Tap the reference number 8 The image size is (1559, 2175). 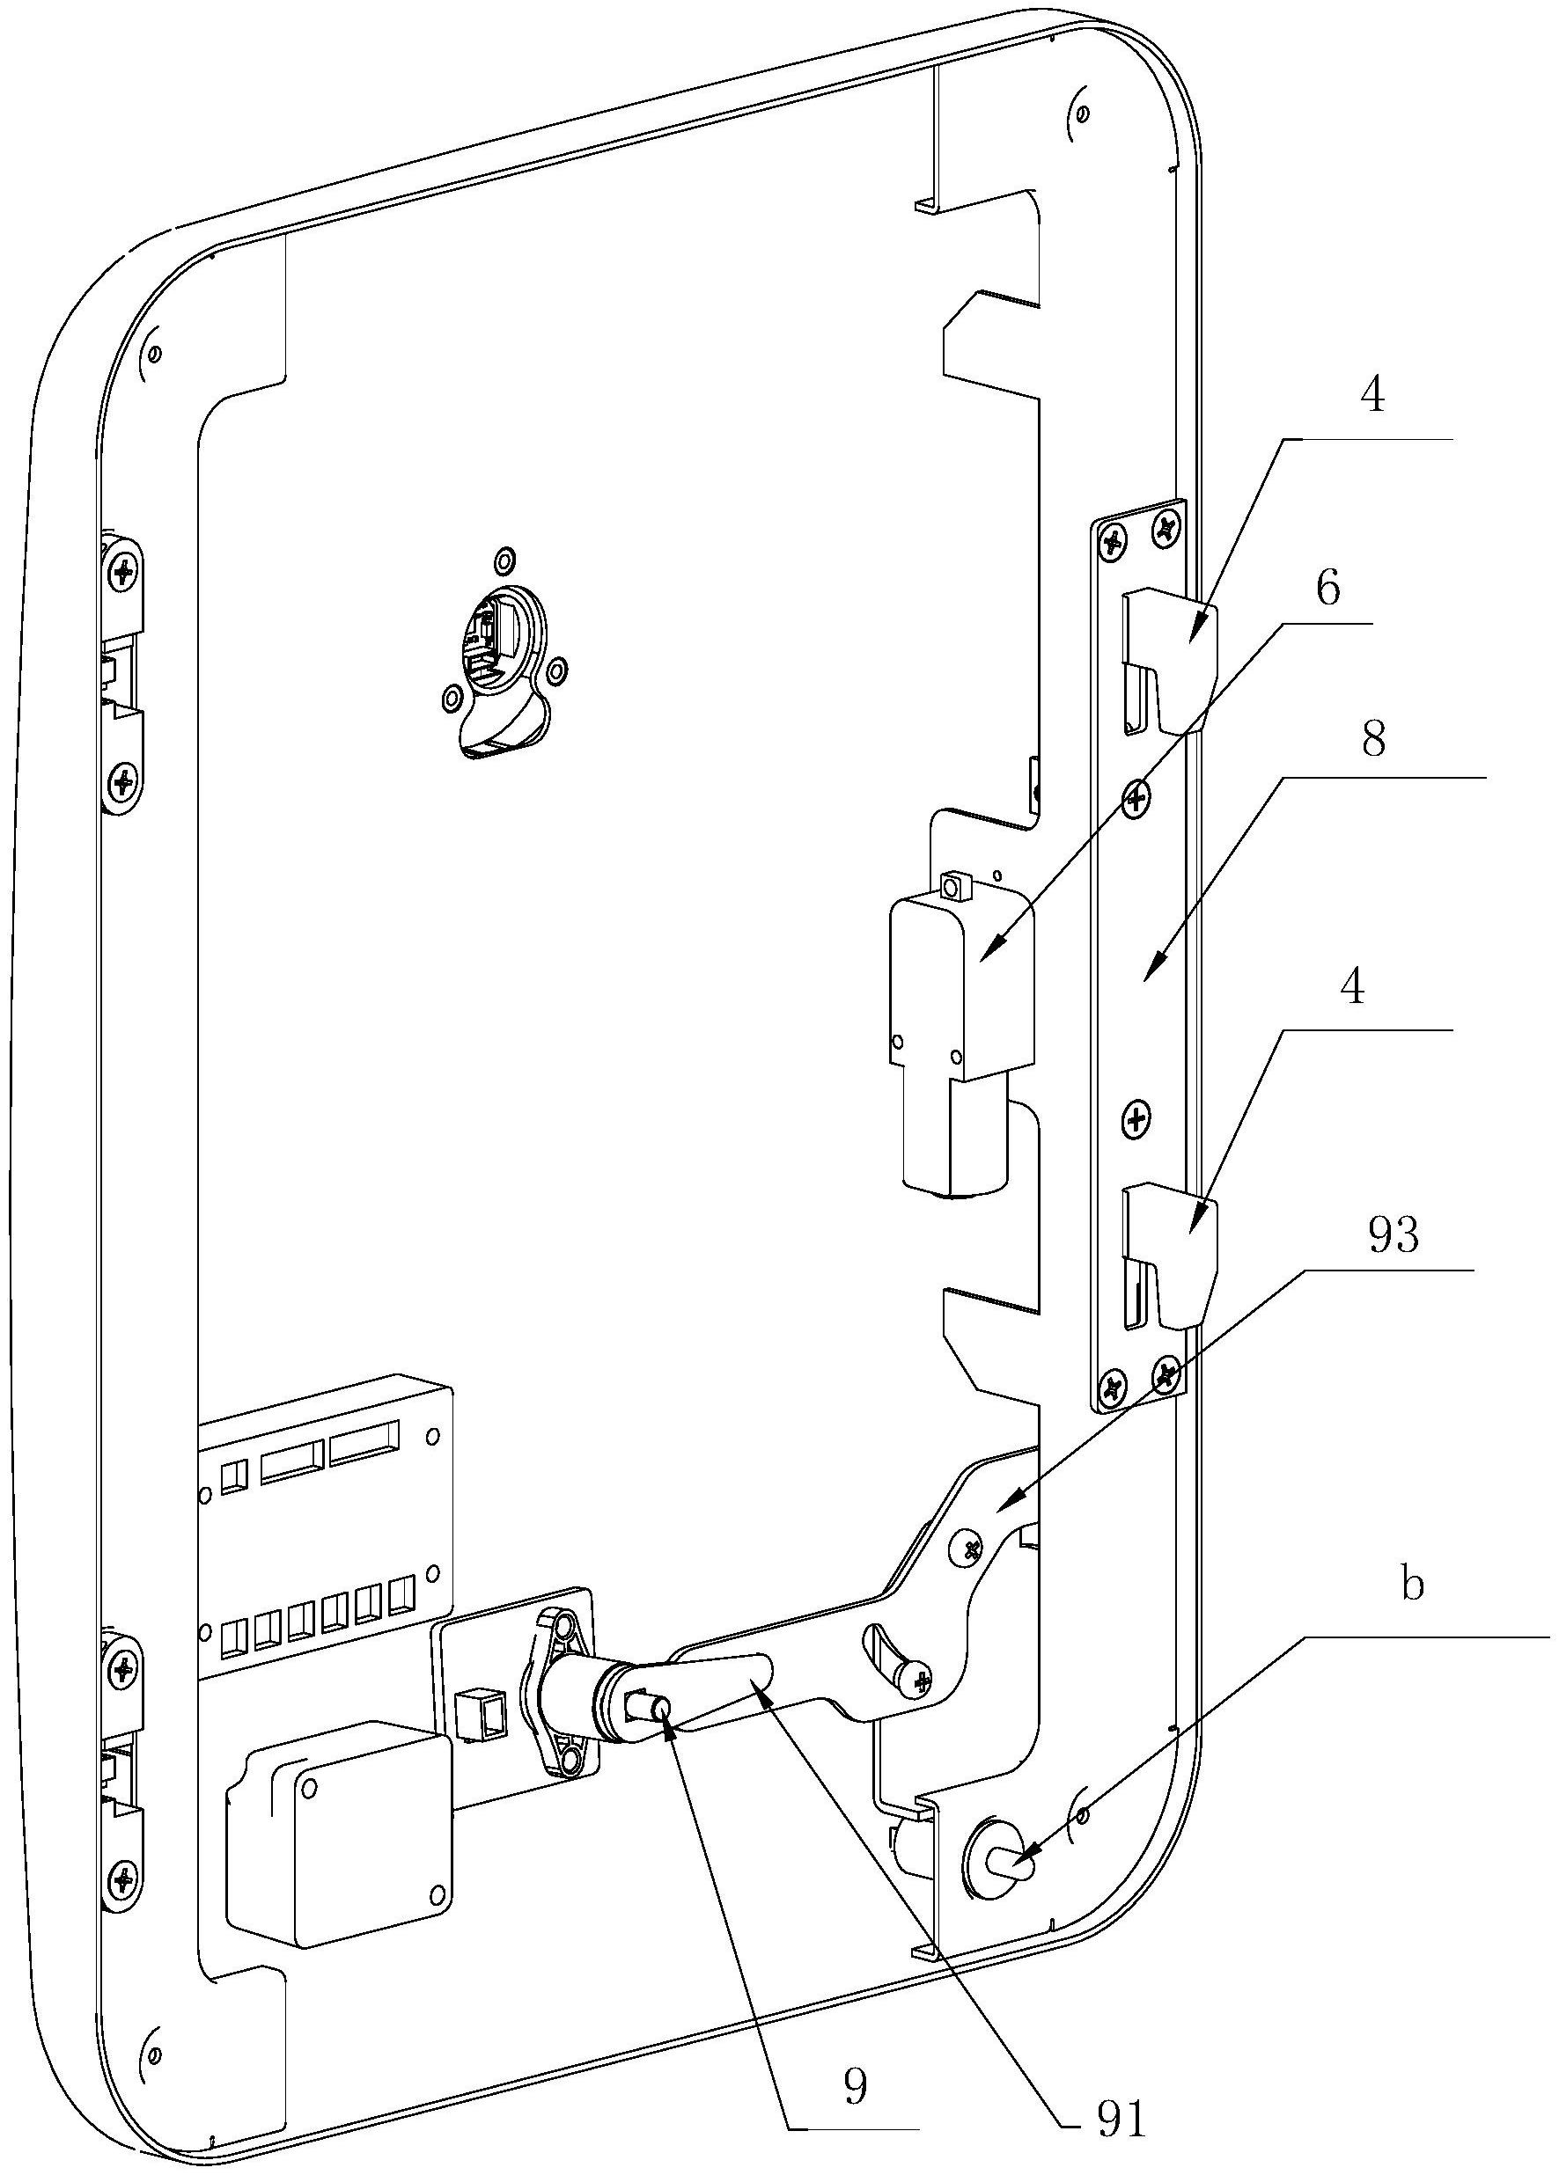[1373, 743]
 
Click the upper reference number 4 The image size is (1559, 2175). [1373, 396]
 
